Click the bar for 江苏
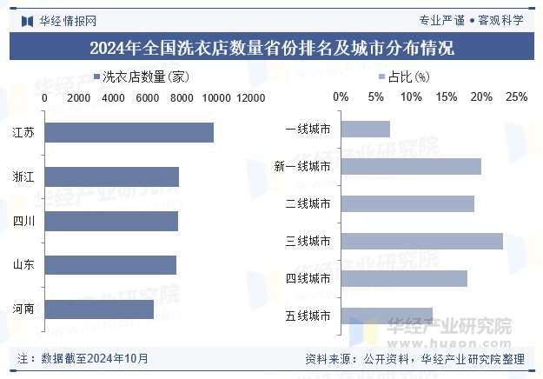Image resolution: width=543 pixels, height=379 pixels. click(129, 132)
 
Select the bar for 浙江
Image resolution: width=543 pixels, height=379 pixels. click(111, 176)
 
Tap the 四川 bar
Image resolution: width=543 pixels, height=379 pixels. click(110, 221)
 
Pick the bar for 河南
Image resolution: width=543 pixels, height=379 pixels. click(98, 309)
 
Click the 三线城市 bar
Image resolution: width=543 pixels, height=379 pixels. click(421, 241)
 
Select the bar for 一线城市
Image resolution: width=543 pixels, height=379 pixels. click(365, 130)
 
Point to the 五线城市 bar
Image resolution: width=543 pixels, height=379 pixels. click(387, 316)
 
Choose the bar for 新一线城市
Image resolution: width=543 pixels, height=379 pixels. click(410, 166)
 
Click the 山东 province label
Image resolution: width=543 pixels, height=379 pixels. click(24, 265)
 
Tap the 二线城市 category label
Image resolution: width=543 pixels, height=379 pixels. click(308, 204)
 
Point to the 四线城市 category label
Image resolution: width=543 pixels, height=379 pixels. click(308, 279)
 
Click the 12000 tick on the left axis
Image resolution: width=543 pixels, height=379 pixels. click(250, 98)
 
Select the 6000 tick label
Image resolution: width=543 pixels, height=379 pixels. click(148, 98)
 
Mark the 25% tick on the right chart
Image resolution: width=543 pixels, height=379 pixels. click(516, 97)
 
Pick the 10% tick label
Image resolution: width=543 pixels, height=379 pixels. click(411, 97)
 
